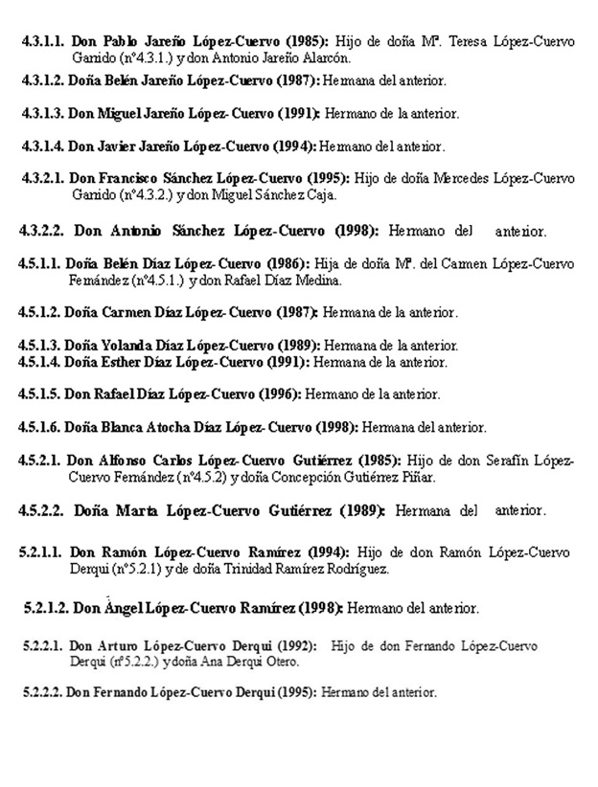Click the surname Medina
pos(316,281)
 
